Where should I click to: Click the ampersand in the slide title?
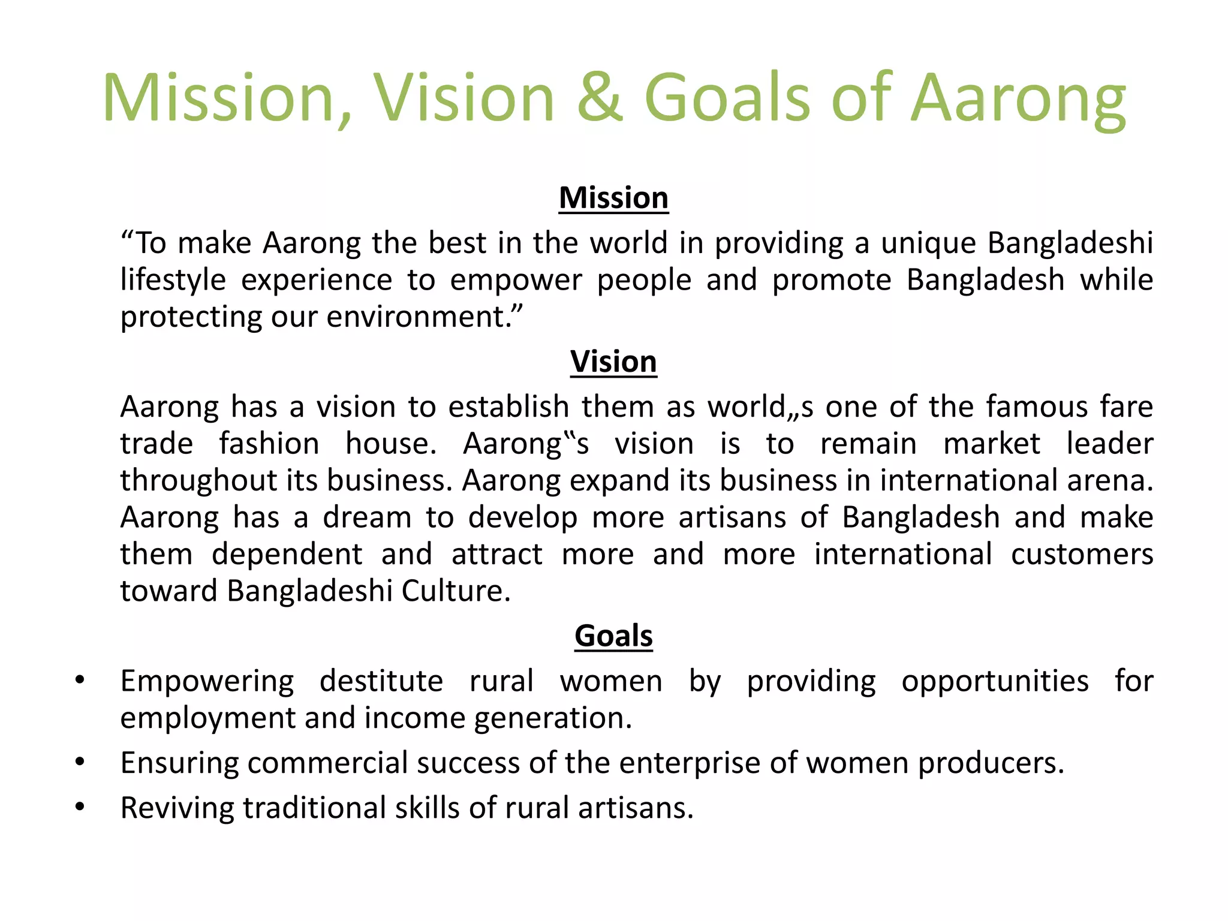coord(600,98)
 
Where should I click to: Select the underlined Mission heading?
coord(613,198)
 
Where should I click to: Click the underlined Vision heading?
coord(613,362)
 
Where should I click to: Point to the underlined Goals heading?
coord(613,636)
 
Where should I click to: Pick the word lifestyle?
coord(173,281)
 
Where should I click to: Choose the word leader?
coord(1109,444)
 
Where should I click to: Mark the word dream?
coord(367,517)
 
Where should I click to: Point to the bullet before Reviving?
coord(80,808)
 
